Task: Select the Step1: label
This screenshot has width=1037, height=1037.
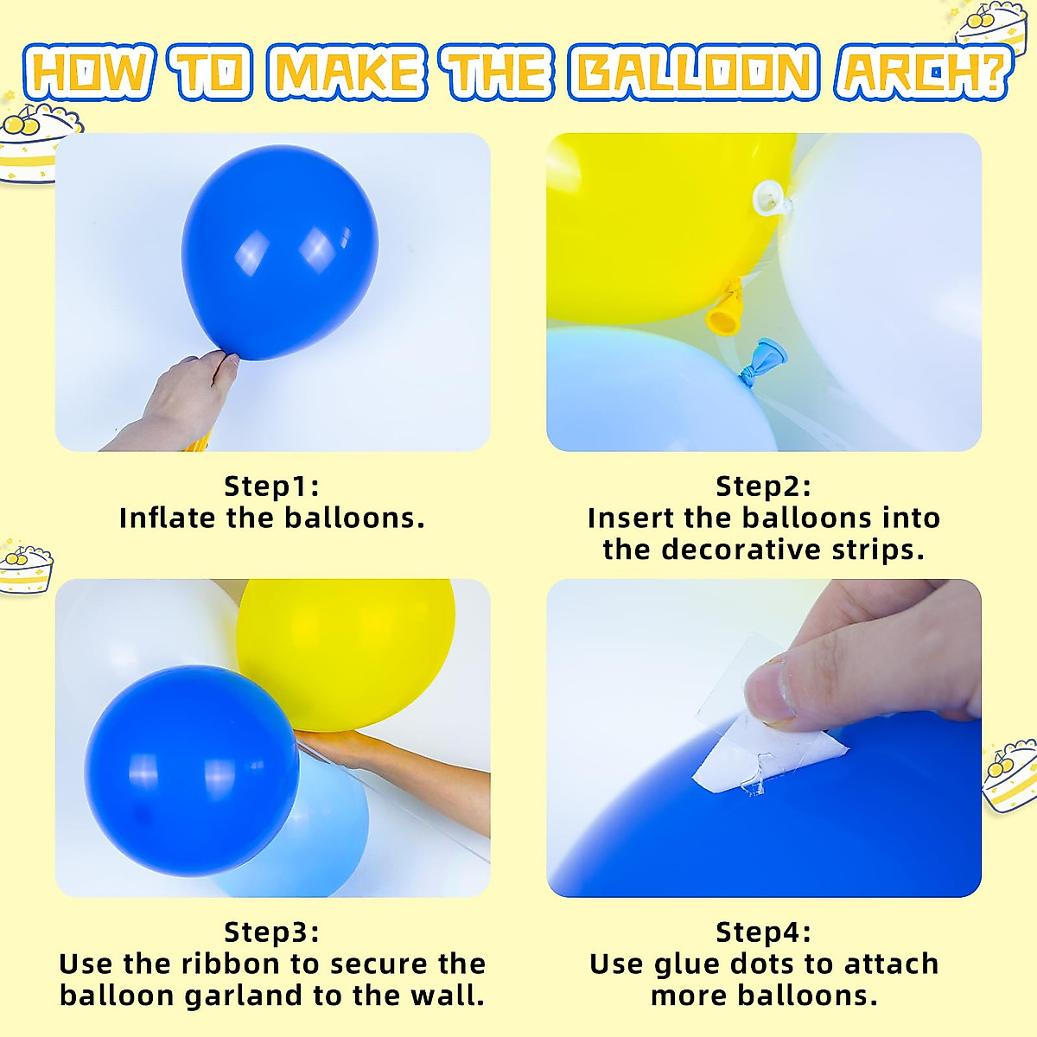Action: [x=271, y=486]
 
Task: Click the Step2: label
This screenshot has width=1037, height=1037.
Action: [x=763, y=486]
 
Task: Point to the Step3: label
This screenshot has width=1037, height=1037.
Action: [x=271, y=932]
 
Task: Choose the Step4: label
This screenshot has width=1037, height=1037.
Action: [x=763, y=932]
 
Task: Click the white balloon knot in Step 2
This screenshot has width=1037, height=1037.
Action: [x=769, y=200]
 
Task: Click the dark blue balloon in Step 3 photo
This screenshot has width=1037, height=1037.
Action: [x=190, y=769]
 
